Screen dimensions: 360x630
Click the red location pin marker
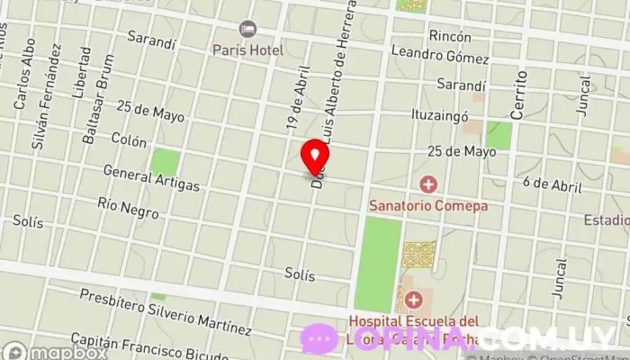click(x=315, y=157)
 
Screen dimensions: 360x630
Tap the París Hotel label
click(x=247, y=49)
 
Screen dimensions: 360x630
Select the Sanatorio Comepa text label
click(x=428, y=205)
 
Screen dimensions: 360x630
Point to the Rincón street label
click(x=450, y=37)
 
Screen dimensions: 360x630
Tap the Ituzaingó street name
click(x=437, y=115)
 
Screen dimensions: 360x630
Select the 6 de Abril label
click(x=552, y=185)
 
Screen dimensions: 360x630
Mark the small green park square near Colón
click(x=164, y=163)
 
